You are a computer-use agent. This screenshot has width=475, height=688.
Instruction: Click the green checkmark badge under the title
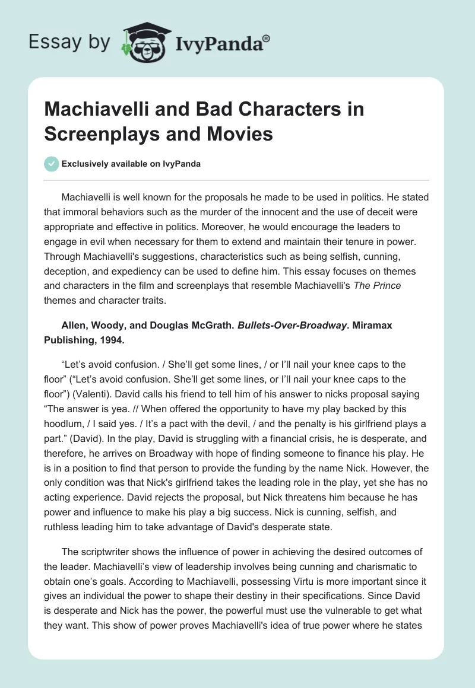point(52,164)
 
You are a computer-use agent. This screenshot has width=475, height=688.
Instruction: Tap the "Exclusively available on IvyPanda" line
point(131,164)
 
